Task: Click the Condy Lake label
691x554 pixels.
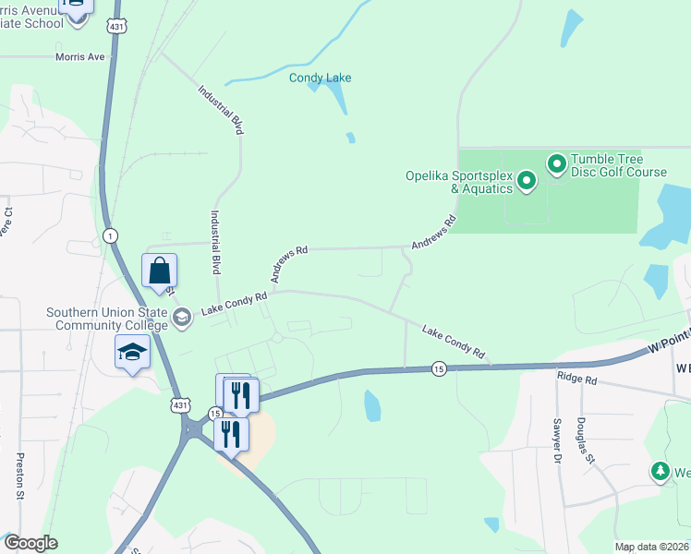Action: pyautogui.click(x=321, y=78)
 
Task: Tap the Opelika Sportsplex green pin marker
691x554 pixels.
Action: pyautogui.click(x=527, y=180)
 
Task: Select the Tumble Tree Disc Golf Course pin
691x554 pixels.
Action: pyautogui.click(x=556, y=164)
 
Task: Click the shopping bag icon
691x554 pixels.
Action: pyautogui.click(x=160, y=271)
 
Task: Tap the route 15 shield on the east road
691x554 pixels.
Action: pyautogui.click(x=439, y=368)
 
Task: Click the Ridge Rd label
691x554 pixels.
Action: pyautogui.click(x=577, y=379)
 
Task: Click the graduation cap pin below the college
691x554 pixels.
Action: pyautogui.click(x=132, y=353)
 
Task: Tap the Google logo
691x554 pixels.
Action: pyautogui.click(x=30, y=543)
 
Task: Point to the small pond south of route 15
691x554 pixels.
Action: pyautogui.click(x=371, y=404)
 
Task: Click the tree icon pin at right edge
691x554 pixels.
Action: pyautogui.click(x=660, y=472)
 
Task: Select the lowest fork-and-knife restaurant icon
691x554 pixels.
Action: pyautogui.click(x=230, y=433)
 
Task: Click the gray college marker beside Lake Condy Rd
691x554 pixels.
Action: pyautogui.click(x=182, y=317)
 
